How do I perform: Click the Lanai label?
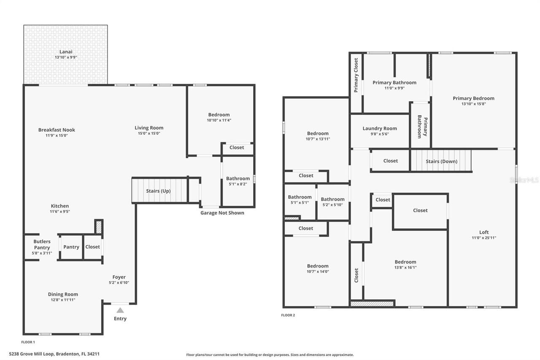(x=65, y=51)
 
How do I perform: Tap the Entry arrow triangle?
(x=120, y=310)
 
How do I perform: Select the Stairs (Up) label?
(x=158, y=191)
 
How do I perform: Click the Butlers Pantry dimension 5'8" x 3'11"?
(x=42, y=253)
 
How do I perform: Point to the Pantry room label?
(x=71, y=247)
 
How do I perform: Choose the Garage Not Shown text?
(x=222, y=213)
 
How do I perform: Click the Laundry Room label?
(x=380, y=128)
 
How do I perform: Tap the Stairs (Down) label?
(x=441, y=161)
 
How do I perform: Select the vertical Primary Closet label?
(x=356, y=75)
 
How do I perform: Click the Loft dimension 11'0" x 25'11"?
(x=484, y=238)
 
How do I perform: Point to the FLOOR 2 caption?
(x=288, y=315)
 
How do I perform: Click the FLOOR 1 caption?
(x=28, y=342)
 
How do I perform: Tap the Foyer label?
(x=119, y=277)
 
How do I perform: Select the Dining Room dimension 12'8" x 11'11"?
(x=63, y=300)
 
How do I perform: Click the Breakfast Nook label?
(x=57, y=130)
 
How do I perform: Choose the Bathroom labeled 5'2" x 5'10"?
(x=332, y=199)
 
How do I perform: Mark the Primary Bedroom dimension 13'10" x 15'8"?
(x=473, y=104)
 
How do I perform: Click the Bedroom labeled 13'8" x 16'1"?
(x=405, y=262)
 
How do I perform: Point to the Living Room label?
(x=149, y=128)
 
